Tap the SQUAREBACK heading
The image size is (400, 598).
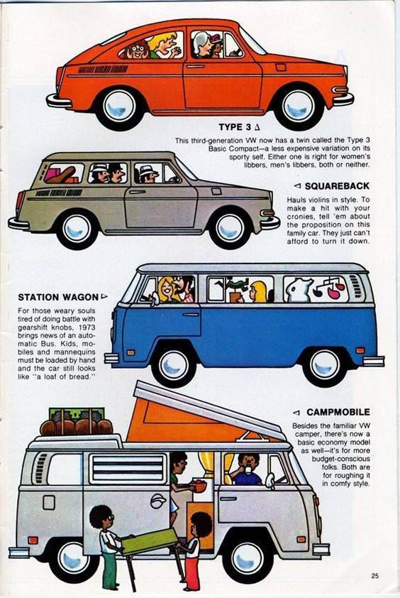(x=337, y=186)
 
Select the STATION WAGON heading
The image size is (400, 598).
(x=58, y=297)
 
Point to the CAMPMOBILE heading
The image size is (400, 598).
(x=338, y=412)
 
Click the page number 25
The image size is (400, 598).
(x=375, y=576)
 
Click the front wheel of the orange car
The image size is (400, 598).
(x=299, y=107)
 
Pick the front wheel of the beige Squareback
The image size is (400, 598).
(x=229, y=229)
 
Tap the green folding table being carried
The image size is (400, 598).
(x=150, y=542)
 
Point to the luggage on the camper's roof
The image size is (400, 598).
(x=76, y=423)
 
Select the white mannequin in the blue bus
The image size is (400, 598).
(x=299, y=289)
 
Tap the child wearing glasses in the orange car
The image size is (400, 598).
(x=136, y=50)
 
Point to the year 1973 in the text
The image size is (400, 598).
(x=88, y=327)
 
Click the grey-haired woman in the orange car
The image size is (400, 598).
(x=203, y=45)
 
